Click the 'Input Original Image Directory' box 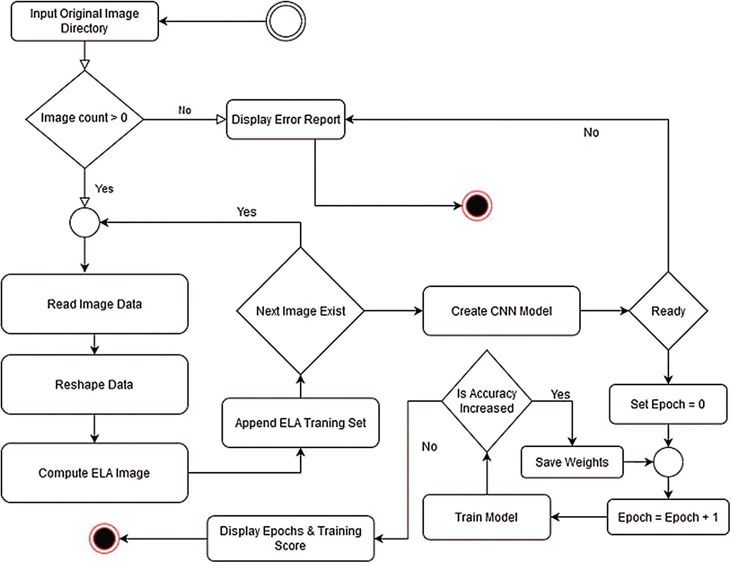pyautogui.click(x=85, y=21)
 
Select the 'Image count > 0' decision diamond pyautogui.click(x=85, y=119)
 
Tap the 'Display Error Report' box pyautogui.click(x=286, y=119)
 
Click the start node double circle pyautogui.click(x=286, y=21)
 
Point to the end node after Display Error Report pyautogui.click(x=477, y=206)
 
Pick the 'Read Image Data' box pyautogui.click(x=95, y=304)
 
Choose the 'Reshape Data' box pyautogui.click(x=95, y=384)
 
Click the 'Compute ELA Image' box pyautogui.click(x=95, y=473)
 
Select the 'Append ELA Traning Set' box pyautogui.click(x=301, y=423)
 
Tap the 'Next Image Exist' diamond pyautogui.click(x=301, y=311)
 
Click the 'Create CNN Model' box pyautogui.click(x=501, y=311)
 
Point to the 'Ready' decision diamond pyautogui.click(x=668, y=311)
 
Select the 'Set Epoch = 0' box pyautogui.click(x=668, y=404)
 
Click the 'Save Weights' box pyautogui.click(x=572, y=462)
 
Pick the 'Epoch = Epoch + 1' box pyautogui.click(x=668, y=517)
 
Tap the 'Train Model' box pyautogui.click(x=487, y=517)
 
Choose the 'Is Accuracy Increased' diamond pyautogui.click(x=487, y=401)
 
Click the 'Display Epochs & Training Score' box pyautogui.click(x=290, y=538)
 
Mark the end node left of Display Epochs pyautogui.click(x=104, y=538)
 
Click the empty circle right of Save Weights pyautogui.click(x=668, y=462)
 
